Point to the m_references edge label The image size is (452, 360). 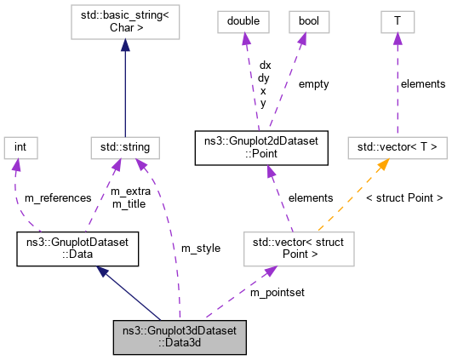[57, 197]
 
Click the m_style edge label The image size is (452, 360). [200, 248]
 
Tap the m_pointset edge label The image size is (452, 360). [277, 293]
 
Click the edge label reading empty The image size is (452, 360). [312, 84]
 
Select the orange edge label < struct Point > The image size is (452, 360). [403, 197]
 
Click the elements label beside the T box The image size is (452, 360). [422, 84]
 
